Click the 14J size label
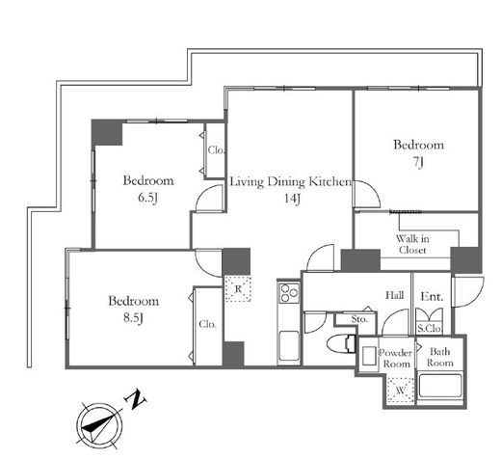pos(292,199)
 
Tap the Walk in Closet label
pos(412,244)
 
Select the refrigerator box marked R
pos(238,288)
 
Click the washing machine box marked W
pos(400,391)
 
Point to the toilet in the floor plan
pos(341,344)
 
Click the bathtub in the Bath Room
pos(439,386)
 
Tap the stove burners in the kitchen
pos(289,293)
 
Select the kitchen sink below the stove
pos(289,346)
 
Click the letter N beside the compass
pos(136,399)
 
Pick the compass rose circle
pos(99,426)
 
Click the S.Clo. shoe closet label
pos(430,329)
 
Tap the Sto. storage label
pos(359,319)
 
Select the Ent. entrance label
pos(432,297)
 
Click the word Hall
pos(395,295)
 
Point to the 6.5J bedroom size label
pos(147,198)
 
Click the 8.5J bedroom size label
pos(133,318)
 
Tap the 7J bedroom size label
pos(418,162)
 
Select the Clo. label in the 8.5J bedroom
pos(207,324)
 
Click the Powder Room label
pos(396,359)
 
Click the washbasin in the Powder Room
pos(369,356)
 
